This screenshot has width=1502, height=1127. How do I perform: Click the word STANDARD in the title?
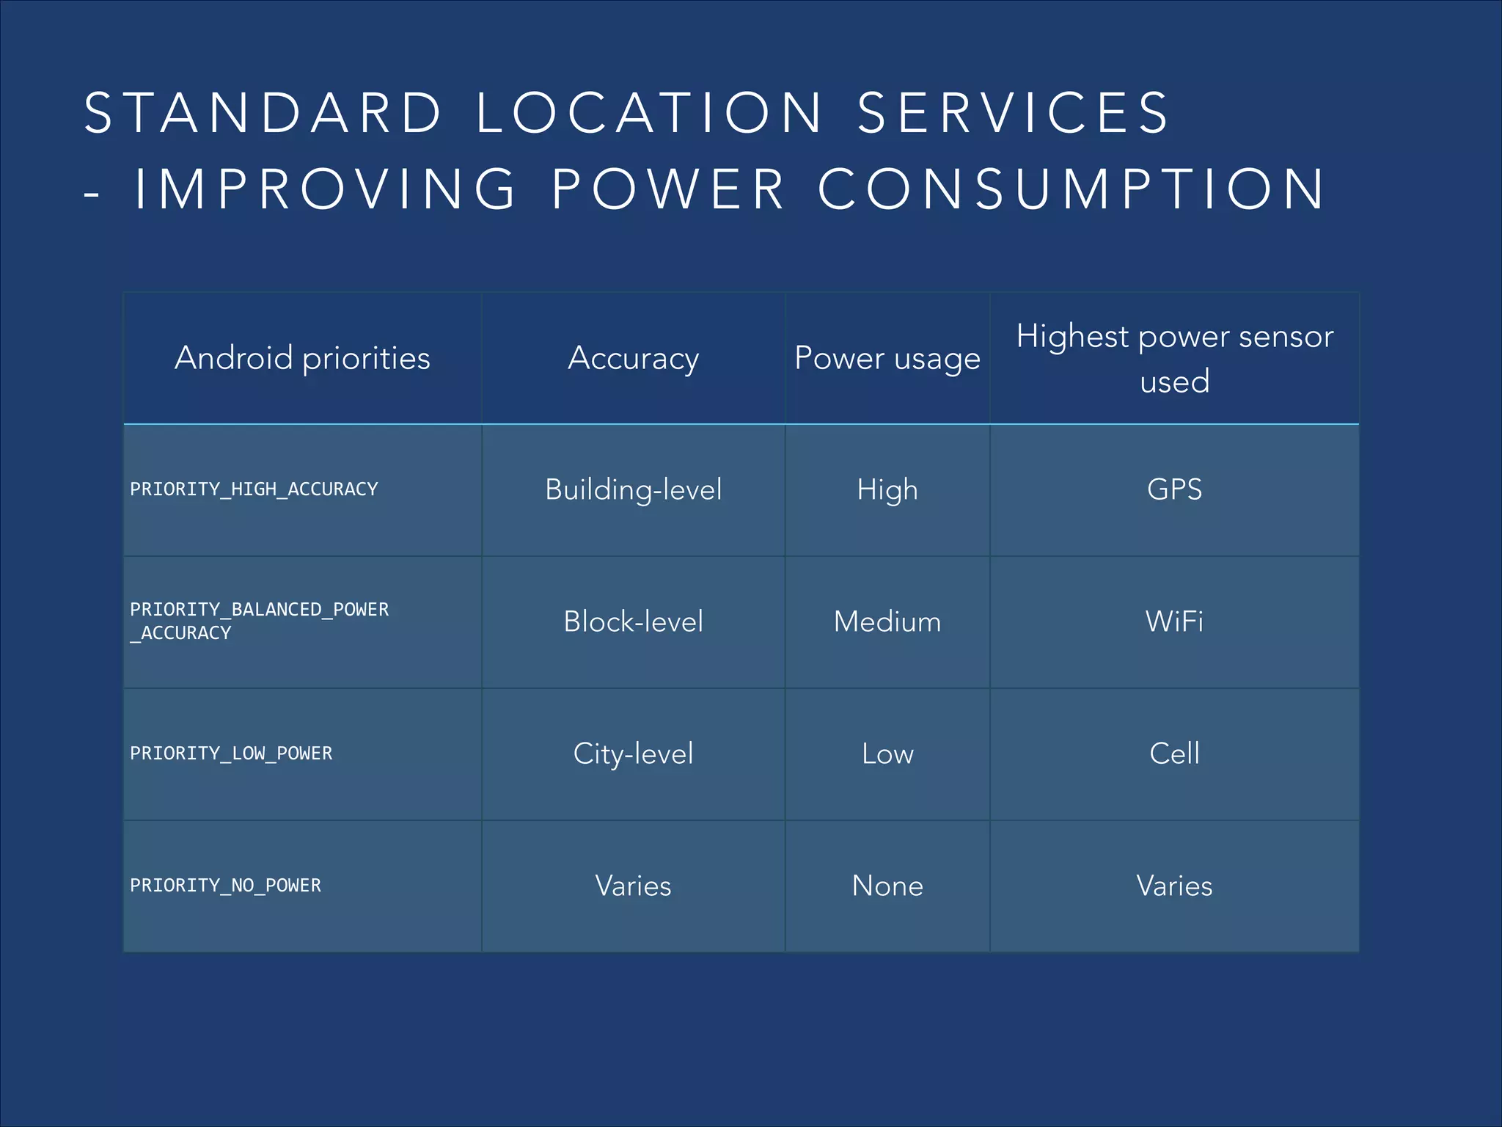(x=263, y=113)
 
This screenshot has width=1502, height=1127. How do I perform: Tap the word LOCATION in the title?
(x=650, y=113)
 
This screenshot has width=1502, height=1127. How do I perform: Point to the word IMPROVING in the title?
(x=325, y=189)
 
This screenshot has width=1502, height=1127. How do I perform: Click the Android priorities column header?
(x=302, y=358)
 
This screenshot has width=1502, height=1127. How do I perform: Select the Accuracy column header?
(x=633, y=358)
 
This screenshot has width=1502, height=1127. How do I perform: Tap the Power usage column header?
(x=887, y=358)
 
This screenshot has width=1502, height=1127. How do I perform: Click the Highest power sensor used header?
(x=1174, y=358)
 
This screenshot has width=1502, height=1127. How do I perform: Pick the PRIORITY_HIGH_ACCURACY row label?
(x=254, y=489)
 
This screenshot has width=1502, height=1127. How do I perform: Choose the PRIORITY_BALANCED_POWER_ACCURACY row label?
(x=259, y=621)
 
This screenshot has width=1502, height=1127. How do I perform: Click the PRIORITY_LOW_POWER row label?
(x=231, y=754)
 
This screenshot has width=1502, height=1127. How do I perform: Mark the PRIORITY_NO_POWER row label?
(x=225, y=886)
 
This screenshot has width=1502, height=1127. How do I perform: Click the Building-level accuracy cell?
(x=633, y=489)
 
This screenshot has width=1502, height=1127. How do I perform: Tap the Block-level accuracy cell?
(x=633, y=621)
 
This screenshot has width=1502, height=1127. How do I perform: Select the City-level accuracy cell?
(x=633, y=754)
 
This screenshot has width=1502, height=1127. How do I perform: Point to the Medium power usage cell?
(x=887, y=621)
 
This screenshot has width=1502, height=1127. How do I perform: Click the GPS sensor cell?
(x=1174, y=489)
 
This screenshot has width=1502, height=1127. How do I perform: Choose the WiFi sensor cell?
(x=1174, y=621)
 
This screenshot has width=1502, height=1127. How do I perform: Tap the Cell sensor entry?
(x=1174, y=754)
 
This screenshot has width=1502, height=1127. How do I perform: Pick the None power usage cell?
(x=887, y=886)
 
